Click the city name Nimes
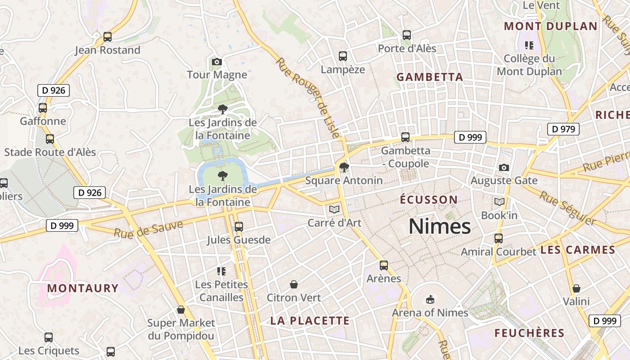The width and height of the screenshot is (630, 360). [440, 226]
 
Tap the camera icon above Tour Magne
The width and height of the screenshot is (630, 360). [217, 62]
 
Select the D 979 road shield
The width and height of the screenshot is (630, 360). [563, 129]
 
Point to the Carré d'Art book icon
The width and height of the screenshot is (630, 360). [334, 209]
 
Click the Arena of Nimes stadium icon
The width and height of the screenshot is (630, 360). [430, 299]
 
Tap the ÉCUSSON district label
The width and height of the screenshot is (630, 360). [429, 199]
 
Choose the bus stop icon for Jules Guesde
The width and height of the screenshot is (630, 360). [239, 226]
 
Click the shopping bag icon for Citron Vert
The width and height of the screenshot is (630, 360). [294, 284]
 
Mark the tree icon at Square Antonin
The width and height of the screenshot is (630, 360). [344, 167]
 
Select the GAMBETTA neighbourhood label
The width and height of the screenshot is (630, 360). [430, 77]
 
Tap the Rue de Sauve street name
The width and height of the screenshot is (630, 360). [148, 229]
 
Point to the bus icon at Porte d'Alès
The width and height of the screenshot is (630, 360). [407, 35]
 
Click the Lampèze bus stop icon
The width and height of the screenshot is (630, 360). [343, 56]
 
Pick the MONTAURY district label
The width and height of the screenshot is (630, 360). [83, 288]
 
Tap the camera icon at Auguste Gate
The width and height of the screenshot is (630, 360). [504, 167]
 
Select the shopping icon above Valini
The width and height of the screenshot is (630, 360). [576, 288]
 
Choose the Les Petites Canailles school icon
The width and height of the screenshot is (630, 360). [221, 271]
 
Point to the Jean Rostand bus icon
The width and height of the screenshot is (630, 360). [108, 37]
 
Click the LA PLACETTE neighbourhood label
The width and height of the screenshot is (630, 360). [310, 320]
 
